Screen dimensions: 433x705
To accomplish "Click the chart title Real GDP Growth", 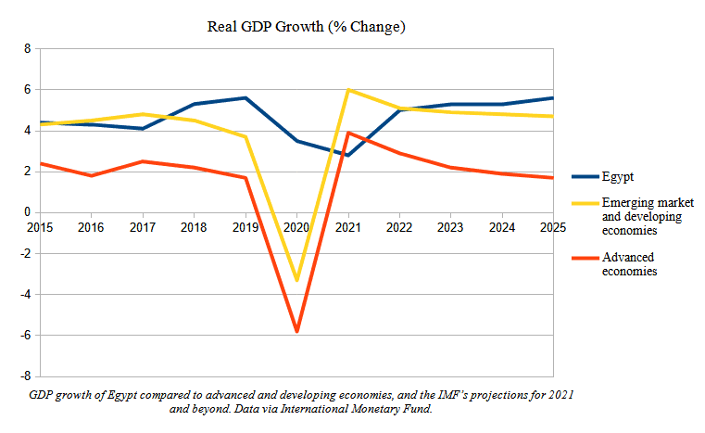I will click(306, 28).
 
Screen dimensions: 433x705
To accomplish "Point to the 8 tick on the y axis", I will click(27, 48).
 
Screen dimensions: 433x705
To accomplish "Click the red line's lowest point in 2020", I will click(296, 331).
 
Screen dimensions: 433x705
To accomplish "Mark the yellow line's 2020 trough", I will click(296, 280).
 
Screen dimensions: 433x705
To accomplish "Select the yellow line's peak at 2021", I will click(347, 90).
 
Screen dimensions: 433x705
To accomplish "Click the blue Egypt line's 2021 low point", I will click(347, 155).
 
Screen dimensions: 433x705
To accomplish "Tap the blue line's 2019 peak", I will click(245, 97).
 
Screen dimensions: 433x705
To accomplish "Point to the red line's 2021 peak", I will click(347, 133).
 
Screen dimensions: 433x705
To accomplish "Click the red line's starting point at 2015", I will click(40, 163).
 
